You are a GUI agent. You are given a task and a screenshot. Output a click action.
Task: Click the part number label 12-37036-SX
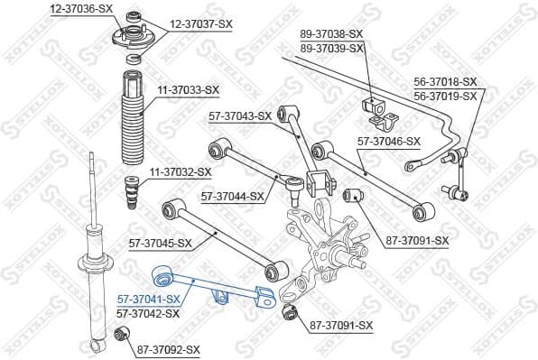click(x=81, y=8)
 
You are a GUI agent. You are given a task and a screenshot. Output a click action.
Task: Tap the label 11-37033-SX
click(x=187, y=89)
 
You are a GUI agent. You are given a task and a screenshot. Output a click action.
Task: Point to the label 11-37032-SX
click(x=180, y=171)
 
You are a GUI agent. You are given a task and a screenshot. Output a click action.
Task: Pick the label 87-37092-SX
click(x=169, y=347)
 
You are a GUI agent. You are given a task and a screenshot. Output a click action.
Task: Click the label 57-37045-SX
click(x=161, y=243)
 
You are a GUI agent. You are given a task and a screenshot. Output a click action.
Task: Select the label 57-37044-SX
click(x=233, y=195)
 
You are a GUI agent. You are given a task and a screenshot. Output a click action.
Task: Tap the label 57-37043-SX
click(x=240, y=115)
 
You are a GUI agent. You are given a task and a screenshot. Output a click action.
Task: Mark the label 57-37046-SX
click(x=389, y=142)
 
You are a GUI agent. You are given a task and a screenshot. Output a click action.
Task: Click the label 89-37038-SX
click(x=331, y=33)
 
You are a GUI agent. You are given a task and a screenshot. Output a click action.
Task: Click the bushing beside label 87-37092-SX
click(x=123, y=337)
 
